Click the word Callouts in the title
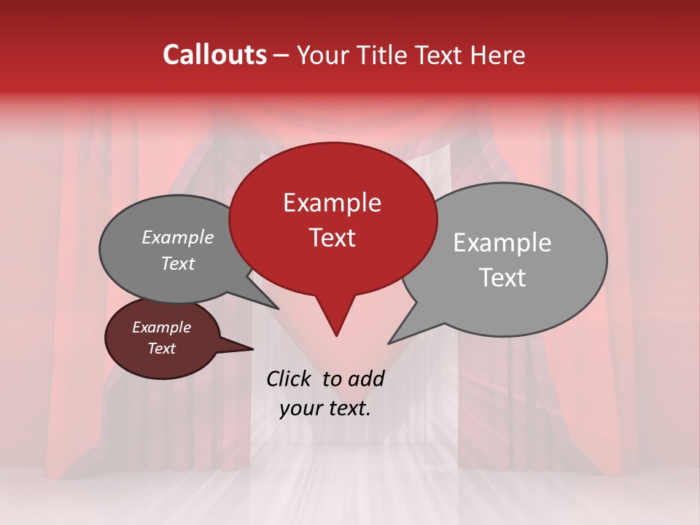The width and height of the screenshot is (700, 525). (x=214, y=55)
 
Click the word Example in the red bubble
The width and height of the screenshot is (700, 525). (x=332, y=203)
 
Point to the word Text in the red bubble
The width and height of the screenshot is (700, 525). (x=332, y=238)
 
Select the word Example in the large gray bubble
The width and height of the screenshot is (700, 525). (x=502, y=243)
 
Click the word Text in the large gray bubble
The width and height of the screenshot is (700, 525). (x=502, y=278)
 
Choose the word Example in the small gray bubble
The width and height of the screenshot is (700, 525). (x=177, y=238)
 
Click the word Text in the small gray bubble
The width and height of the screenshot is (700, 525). (x=177, y=264)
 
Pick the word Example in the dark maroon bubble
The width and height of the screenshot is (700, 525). (x=161, y=327)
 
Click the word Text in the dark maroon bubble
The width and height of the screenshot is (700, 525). (x=161, y=349)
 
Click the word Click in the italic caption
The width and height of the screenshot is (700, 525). (x=291, y=378)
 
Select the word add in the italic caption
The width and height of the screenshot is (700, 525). (x=366, y=378)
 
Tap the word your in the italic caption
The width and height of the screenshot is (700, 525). (x=300, y=408)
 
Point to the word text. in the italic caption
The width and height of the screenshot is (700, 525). (x=348, y=408)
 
